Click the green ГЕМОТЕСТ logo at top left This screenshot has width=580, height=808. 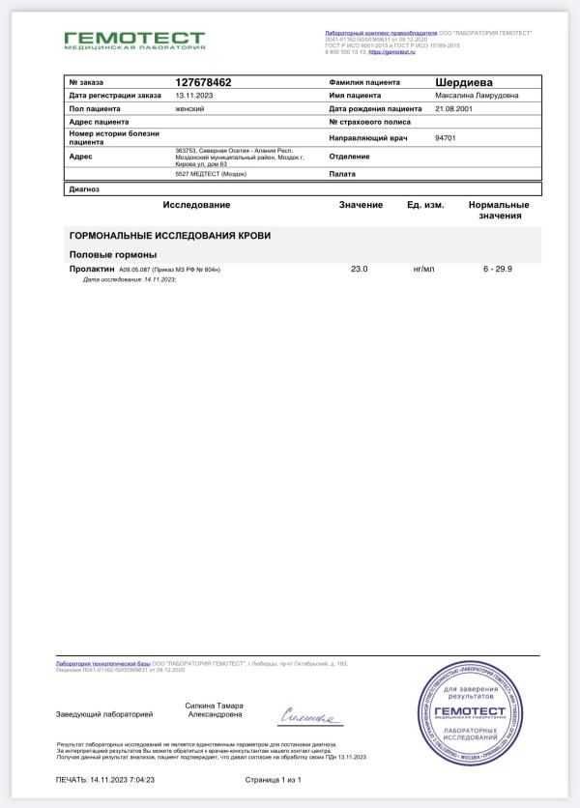click(x=134, y=41)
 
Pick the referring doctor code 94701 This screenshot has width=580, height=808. click(x=446, y=138)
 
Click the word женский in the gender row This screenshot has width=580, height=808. click(x=189, y=109)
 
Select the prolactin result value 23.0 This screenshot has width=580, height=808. click(x=360, y=268)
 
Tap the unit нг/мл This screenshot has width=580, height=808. click(x=424, y=268)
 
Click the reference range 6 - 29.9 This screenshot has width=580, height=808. click(x=498, y=268)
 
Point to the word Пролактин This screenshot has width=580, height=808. click(x=93, y=268)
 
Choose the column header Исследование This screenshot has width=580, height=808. click(x=196, y=205)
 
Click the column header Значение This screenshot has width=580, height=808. click(x=361, y=205)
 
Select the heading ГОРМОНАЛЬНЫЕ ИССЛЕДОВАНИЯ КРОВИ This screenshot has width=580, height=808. click(x=169, y=236)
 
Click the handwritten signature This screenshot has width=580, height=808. click(x=310, y=716)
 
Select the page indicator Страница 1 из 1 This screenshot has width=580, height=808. click(x=274, y=779)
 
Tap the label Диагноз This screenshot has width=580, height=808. click(x=84, y=189)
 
